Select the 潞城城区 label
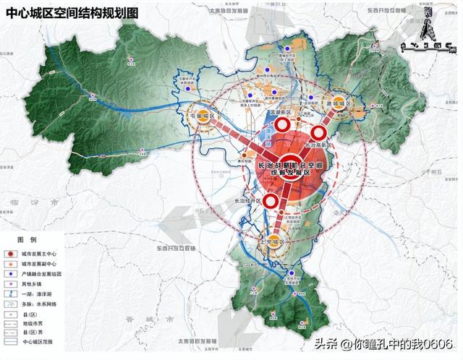[338, 104]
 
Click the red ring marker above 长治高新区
[319, 132]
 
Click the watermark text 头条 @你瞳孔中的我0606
[383, 344]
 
